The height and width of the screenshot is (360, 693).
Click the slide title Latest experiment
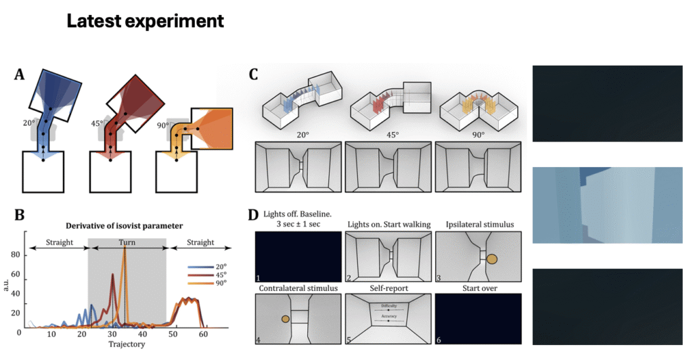(x=145, y=22)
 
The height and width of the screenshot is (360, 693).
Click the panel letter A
(x=21, y=74)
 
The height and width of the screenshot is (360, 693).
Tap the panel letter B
(x=20, y=215)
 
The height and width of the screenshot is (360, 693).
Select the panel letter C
(x=254, y=74)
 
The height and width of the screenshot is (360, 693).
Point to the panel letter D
(x=254, y=215)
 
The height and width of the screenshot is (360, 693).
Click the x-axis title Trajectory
(x=127, y=344)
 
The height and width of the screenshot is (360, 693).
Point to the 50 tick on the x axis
(x=174, y=335)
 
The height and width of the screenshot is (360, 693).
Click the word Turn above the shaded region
(x=127, y=242)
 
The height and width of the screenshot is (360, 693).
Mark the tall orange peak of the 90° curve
(x=125, y=249)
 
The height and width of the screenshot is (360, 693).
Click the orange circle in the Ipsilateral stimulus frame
(x=491, y=258)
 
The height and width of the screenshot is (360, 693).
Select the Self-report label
(x=387, y=288)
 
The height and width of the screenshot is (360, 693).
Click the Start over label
(x=478, y=288)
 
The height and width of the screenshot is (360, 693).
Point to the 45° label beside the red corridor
(x=99, y=124)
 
